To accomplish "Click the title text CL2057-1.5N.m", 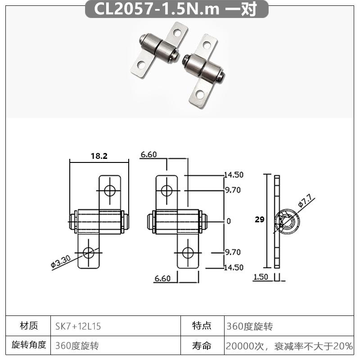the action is pyautogui.click(x=157, y=9).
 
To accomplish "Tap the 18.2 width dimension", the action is pyautogui.click(x=99, y=156).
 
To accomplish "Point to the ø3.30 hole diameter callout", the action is pyautogui.click(x=61, y=262).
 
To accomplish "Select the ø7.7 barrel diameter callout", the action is pyautogui.click(x=306, y=200).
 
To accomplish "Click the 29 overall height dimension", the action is pyautogui.click(x=260, y=220).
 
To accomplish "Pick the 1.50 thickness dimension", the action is pyautogui.click(x=261, y=277).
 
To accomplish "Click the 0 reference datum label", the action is pyautogui.click(x=229, y=221).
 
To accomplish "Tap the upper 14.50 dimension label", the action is pyautogui.click(x=234, y=175).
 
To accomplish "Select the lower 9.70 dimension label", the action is pyautogui.click(x=233, y=252).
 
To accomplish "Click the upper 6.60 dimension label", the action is pyautogui.click(x=149, y=155).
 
